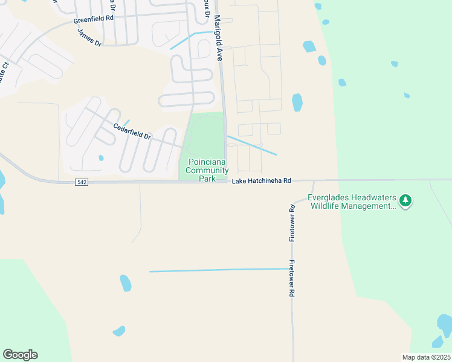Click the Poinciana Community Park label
pyautogui.click(x=207, y=170)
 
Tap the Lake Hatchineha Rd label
pyautogui.click(x=262, y=181)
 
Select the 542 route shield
pyautogui.click(x=82, y=182)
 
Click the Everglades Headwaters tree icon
pyautogui.click(x=406, y=201)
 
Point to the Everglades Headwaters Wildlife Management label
pyautogui.click(x=352, y=202)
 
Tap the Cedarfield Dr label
pyautogui.click(x=132, y=131)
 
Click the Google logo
pyautogui.click(x=20, y=355)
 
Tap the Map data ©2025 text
pyautogui.click(x=426, y=357)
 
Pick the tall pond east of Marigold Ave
pyautogui.click(x=297, y=103)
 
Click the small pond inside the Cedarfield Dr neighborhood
pyautogui.click(x=101, y=158)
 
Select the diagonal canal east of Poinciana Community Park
pyautogui.click(x=252, y=145)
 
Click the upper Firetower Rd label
pyautogui.click(x=292, y=223)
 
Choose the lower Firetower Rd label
pyautogui.click(x=291, y=278)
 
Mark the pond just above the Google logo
pyautogui.click(x=118, y=331)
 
